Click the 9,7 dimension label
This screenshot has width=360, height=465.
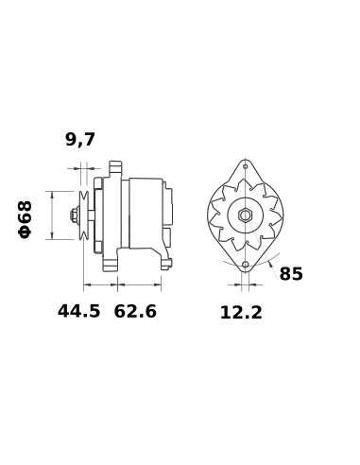click(80, 140)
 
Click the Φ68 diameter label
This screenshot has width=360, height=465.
click(26, 218)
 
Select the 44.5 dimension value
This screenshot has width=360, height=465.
click(78, 311)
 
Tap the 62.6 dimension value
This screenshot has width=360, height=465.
click(135, 311)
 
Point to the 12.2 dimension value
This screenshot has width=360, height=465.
click(241, 312)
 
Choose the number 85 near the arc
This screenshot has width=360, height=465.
click(291, 274)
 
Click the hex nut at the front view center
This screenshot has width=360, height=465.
click(244, 215)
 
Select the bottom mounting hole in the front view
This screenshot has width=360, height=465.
click(244, 266)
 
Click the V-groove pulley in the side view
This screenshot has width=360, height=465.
click(85, 215)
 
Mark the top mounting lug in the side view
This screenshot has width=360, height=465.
click(116, 168)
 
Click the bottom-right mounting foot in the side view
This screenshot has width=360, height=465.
click(165, 259)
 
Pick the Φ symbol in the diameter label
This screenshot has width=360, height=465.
click(26, 232)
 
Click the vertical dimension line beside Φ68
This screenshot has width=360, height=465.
click(49, 215)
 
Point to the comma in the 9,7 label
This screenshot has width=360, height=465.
click(80, 146)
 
